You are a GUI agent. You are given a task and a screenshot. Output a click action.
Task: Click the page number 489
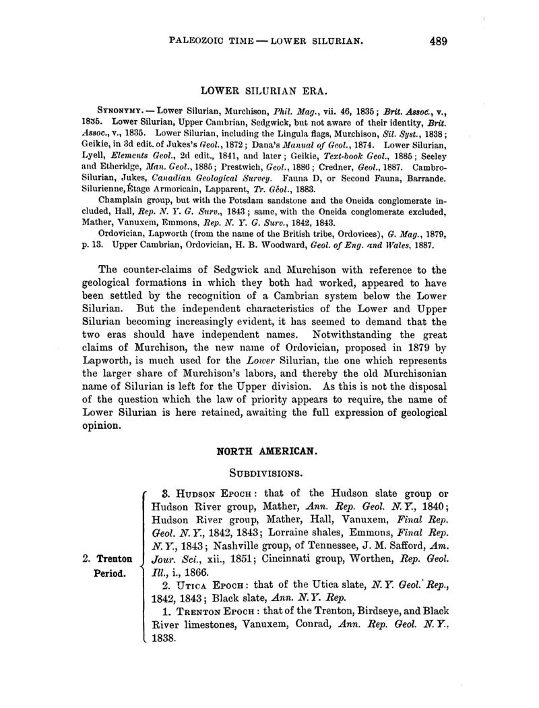(437, 41)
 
